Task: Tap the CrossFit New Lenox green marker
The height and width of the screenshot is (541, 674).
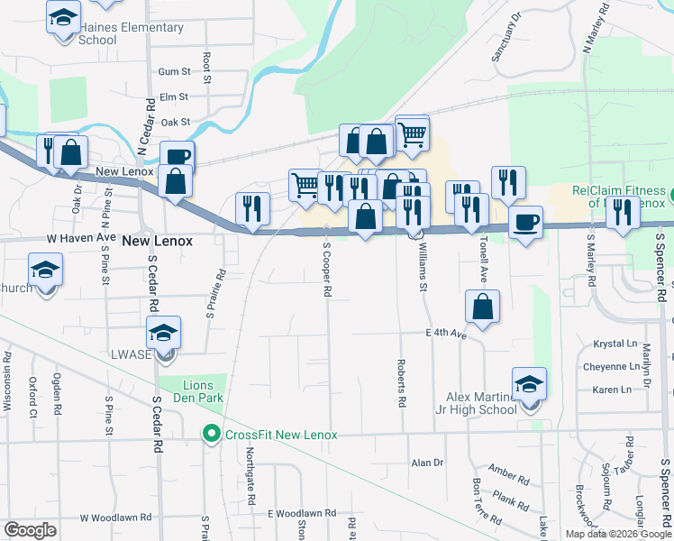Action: coord(212,435)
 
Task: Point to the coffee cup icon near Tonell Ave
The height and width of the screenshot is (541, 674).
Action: coord(525,221)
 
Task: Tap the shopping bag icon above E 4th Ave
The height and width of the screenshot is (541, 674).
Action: coord(483,307)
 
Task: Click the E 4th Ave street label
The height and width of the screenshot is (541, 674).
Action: coord(446,335)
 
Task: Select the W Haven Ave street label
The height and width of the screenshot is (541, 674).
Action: coord(82,238)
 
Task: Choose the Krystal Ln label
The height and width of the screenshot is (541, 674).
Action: coord(614,344)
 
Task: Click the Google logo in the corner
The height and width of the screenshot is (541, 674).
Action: coord(30,530)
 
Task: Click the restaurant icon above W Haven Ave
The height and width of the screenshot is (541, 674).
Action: coord(252,208)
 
